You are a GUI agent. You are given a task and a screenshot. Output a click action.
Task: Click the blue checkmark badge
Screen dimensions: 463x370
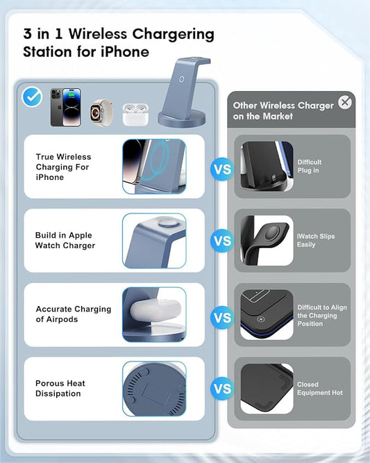tap(33, 97)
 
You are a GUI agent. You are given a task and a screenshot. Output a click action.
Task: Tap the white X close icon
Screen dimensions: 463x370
tap(345, 103)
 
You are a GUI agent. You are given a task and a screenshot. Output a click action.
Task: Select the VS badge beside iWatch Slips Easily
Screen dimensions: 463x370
tap(222, 241)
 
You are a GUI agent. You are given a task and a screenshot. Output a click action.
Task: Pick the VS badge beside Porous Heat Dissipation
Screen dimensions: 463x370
tap(222, 389)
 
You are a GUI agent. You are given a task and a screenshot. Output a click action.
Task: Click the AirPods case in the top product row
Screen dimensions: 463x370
tap(136, 114)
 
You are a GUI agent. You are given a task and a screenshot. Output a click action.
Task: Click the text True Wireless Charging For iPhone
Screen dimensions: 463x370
tap(63, 167)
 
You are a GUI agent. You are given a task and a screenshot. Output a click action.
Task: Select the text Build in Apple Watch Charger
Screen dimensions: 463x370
tap(65, 241)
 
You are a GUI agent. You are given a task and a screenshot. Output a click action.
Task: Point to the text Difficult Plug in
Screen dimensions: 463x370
tap(310, 166)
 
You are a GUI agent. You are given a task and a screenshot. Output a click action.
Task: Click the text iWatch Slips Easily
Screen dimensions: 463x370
tap(316, 241)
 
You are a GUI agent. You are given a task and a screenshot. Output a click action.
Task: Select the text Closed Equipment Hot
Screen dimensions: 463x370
tap(319, 389)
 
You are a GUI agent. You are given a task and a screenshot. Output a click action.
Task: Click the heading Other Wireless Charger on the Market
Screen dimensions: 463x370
tap(283, 111)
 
